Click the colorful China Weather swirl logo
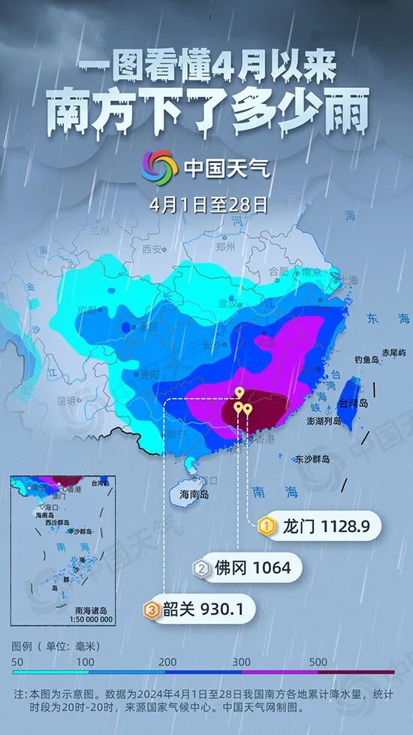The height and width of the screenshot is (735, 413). tap(159, 166)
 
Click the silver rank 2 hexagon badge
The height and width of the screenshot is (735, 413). tap(201, 568)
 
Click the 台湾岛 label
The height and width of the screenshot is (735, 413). tap(354, 404)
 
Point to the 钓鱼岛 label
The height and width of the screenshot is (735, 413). tap(369, 360)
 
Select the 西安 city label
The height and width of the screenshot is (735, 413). tap(152, 249)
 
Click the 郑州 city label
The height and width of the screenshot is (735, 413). tap(226, 247)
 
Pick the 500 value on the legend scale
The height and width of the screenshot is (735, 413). tap(317, 662)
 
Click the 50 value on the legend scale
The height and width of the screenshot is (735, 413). tap(17, 662)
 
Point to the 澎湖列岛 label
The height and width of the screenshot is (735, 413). tap(326, 422)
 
